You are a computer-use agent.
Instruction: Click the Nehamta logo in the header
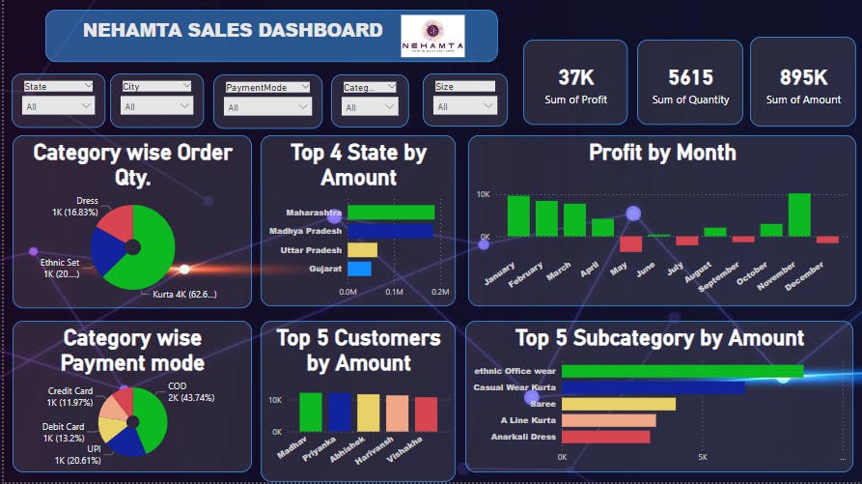pyautogui.click(x=432, y=36)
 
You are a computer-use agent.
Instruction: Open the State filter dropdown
pyautogui.click(x=59, y=107)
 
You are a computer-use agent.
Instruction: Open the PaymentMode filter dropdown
pyautogui.click(x=267, y=107)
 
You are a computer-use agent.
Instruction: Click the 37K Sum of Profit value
pyautogui.click(x=575, y=78)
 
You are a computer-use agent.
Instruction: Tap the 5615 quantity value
pyautogui.click(x=690, y=78)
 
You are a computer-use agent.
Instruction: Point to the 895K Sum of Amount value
pyautogui.click(x=803, y=78)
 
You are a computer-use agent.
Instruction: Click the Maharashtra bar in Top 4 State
pyautogui.click(x=391, y=213)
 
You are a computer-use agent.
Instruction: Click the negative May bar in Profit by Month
pyautogui.click(x=631, y=243)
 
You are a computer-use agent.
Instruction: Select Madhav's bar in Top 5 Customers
pyautogui.click(x=311, y=412)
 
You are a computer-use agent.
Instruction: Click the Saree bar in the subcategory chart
pyautogui.click(x=618, y=404)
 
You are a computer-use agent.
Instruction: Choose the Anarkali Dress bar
pyautogui.click(x=607, y=437)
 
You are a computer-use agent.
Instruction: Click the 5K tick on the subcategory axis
pyautogui.click(x=702, y=457)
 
